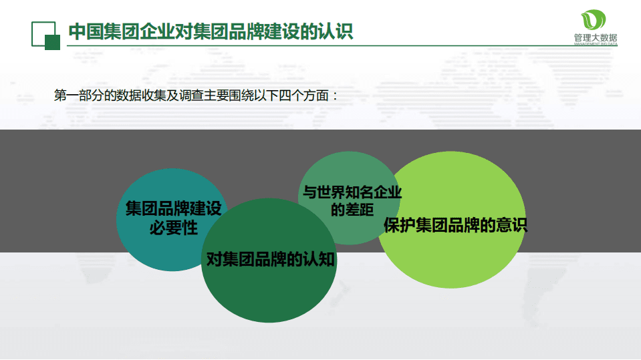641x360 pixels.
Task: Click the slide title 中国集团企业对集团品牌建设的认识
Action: click(x=211, y=31)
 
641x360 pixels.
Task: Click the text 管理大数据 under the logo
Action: click(x=595, y=38)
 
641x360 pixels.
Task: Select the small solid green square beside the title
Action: click(x=52, y=42)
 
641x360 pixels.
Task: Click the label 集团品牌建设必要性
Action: click(x=173, y=218)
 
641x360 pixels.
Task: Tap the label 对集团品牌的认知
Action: click(x=270, y=259)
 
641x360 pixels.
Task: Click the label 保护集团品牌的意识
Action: click(x=455, y=225)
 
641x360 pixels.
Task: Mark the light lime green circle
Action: click(x=461, y=260)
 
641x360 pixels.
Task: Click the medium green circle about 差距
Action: click(x=348, y=170)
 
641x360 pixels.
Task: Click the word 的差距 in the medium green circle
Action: click(x=352, y=210)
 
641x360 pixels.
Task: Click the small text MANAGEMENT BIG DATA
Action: click(x=595, y=45)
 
